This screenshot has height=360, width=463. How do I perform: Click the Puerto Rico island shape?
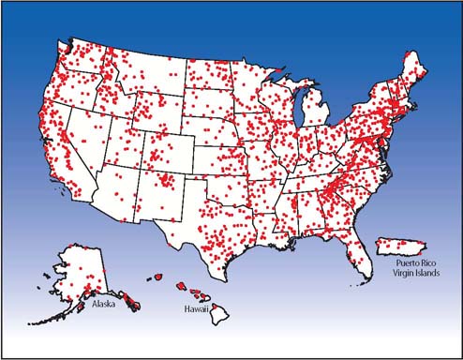(393, 247)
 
